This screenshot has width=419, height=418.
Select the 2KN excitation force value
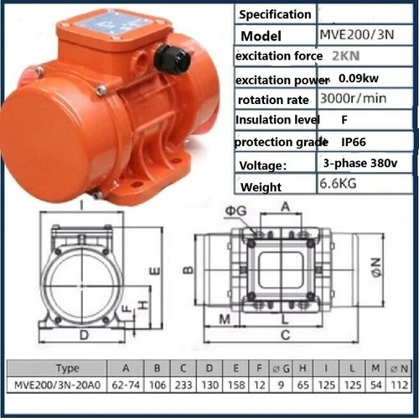pos(337,55)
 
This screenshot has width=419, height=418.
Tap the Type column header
pos(68,368)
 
